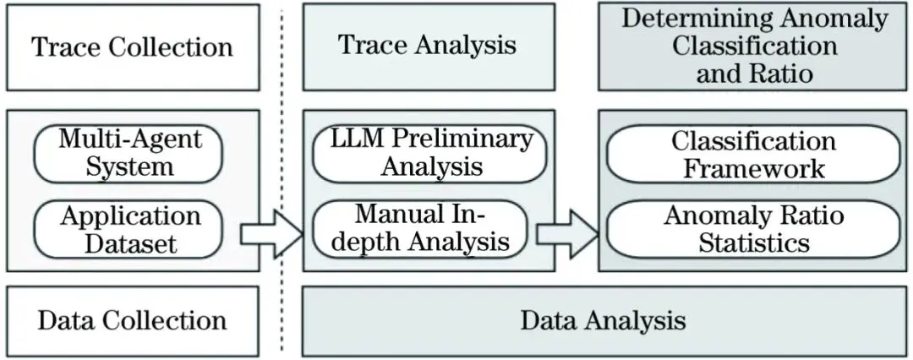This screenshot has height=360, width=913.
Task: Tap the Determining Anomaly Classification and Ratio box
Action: point(755,46)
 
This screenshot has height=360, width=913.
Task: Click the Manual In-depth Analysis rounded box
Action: point(420,229)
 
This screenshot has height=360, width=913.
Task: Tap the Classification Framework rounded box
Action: point(754,154)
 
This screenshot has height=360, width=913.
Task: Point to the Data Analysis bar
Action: point(603,321)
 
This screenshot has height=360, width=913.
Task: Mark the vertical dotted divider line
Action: point(282,180)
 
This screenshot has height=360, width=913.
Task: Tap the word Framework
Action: point(754,167)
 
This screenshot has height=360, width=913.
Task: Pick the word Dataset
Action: point(130,244)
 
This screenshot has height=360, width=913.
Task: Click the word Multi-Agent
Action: point(128,138)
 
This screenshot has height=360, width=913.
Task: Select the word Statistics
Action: point(754,244)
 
